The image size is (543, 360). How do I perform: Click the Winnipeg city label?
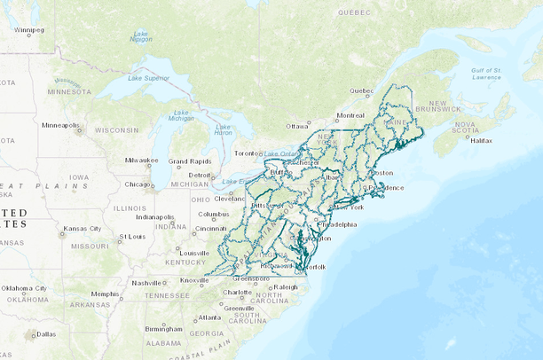click(28, 30)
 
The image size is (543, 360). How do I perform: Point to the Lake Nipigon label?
click(140, 37)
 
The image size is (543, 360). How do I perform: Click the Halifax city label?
click(482, 140)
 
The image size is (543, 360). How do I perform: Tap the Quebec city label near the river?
click(361, 90)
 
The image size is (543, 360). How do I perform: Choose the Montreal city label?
click(350, 115)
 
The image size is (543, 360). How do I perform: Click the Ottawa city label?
click(297, 126)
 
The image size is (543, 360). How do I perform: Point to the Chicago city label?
click(138, 184)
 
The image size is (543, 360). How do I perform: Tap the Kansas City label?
click(81, 229)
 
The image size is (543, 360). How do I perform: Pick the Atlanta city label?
click(209, 317)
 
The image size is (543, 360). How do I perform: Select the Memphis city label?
click(105, 293)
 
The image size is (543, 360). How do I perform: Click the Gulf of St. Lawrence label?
click(486, 73)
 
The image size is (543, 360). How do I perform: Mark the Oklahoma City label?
click(24, 288)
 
